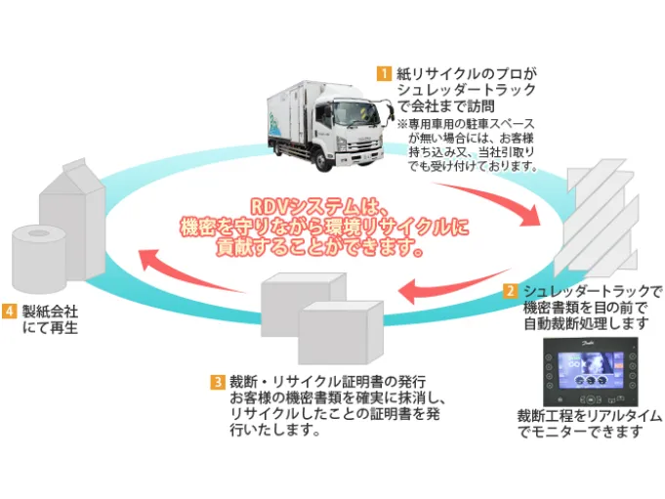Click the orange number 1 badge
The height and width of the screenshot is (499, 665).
[387, 73]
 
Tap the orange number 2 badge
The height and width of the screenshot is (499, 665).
[510, 291]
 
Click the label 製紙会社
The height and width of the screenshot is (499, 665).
[51, 312]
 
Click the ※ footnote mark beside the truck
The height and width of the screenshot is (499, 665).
[402, 125]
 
